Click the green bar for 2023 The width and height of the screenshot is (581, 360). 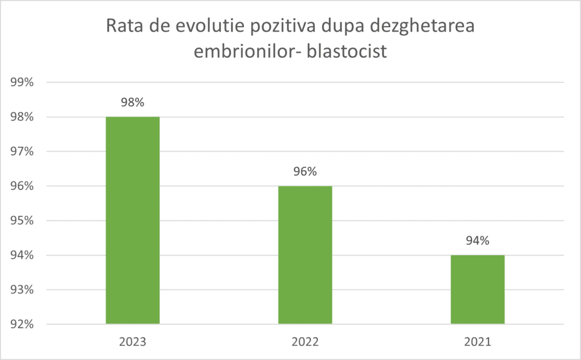pyautogui.click(x=132, y=220)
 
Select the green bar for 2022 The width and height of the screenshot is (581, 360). pyautogui.click(x=305, y=255)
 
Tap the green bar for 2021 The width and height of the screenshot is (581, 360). pyautogui.click(x=477, y=289)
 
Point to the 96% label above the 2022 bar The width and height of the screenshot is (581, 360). pyautogui.click(x=305, y=172)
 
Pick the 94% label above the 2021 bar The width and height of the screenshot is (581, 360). pyautogui.click(x=477, y=241)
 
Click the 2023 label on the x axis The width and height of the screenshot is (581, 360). pyautogui.click(x=132, y=342)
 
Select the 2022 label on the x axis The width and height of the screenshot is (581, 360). pyautogui.click(x=305, y=342)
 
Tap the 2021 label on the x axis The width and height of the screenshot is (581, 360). pyautogui.click(x=477, y=342)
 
